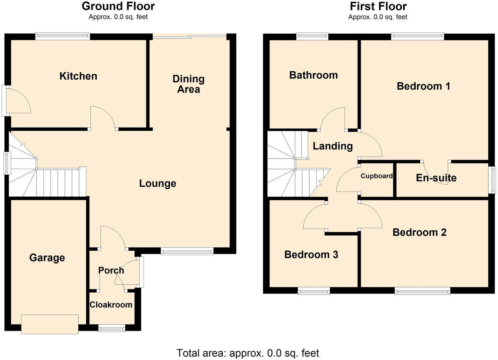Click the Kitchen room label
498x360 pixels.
78,76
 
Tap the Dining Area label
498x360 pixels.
188,84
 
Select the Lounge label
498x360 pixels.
158,184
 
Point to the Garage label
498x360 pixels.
47,258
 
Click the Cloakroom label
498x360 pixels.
111,305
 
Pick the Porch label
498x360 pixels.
111,270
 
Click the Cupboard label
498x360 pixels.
377,176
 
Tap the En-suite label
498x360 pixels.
436,178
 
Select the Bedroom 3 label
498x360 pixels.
311,255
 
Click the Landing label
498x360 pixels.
333,146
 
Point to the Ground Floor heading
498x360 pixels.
118,6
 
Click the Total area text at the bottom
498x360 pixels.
248,353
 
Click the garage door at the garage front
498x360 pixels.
50,324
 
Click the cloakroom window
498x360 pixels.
112,329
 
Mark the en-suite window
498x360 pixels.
492,180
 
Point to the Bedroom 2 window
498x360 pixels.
422,291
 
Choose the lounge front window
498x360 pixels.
187,251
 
